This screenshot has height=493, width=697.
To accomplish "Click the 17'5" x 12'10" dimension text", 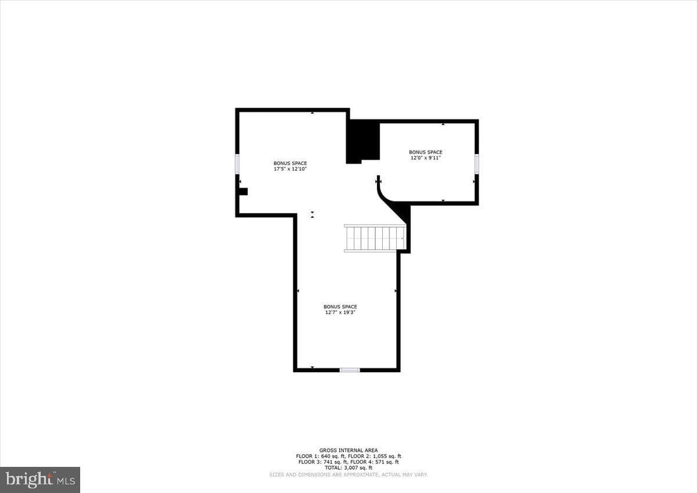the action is coord(290,169).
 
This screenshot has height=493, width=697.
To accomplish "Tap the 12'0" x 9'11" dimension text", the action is coord(425,158).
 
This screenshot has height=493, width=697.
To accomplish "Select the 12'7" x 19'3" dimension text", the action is coord(340,312).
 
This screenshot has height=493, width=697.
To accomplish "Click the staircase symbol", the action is coord(375,238).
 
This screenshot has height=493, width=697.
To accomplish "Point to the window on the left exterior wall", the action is coord(237,164).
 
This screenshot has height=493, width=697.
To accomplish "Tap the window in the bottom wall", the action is coord(350,370).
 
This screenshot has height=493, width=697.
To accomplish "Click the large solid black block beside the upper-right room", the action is coord(363,142).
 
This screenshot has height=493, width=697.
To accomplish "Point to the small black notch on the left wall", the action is coord(243,192).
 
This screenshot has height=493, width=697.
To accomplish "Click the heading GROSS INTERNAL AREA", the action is coord(348,450).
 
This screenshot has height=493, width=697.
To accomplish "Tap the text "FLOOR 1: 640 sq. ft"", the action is coord(320,456).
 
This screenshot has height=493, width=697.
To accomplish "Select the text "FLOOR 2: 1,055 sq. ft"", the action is coord(374,456).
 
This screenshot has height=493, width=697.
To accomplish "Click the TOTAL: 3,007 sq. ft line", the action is coord(348,467).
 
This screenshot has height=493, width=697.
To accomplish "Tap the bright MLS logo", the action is coord(40,480).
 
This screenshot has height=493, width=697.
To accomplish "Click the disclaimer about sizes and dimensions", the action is coord(348,474).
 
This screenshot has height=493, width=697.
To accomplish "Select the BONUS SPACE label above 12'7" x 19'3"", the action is coord(340,307).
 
